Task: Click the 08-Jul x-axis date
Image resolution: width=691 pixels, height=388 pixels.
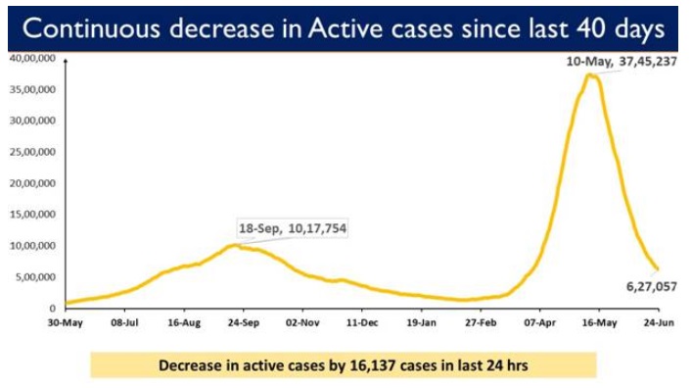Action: click(x=124, y=320)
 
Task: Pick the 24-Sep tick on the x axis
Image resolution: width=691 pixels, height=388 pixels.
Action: click(x=243, y=320)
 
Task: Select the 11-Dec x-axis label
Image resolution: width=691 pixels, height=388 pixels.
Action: click(x=362, y=320)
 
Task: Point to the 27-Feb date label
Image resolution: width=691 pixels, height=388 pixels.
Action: click(x=481, y=320)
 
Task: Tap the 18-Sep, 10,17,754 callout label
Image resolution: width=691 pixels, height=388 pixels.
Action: click(x=293, y=228)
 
